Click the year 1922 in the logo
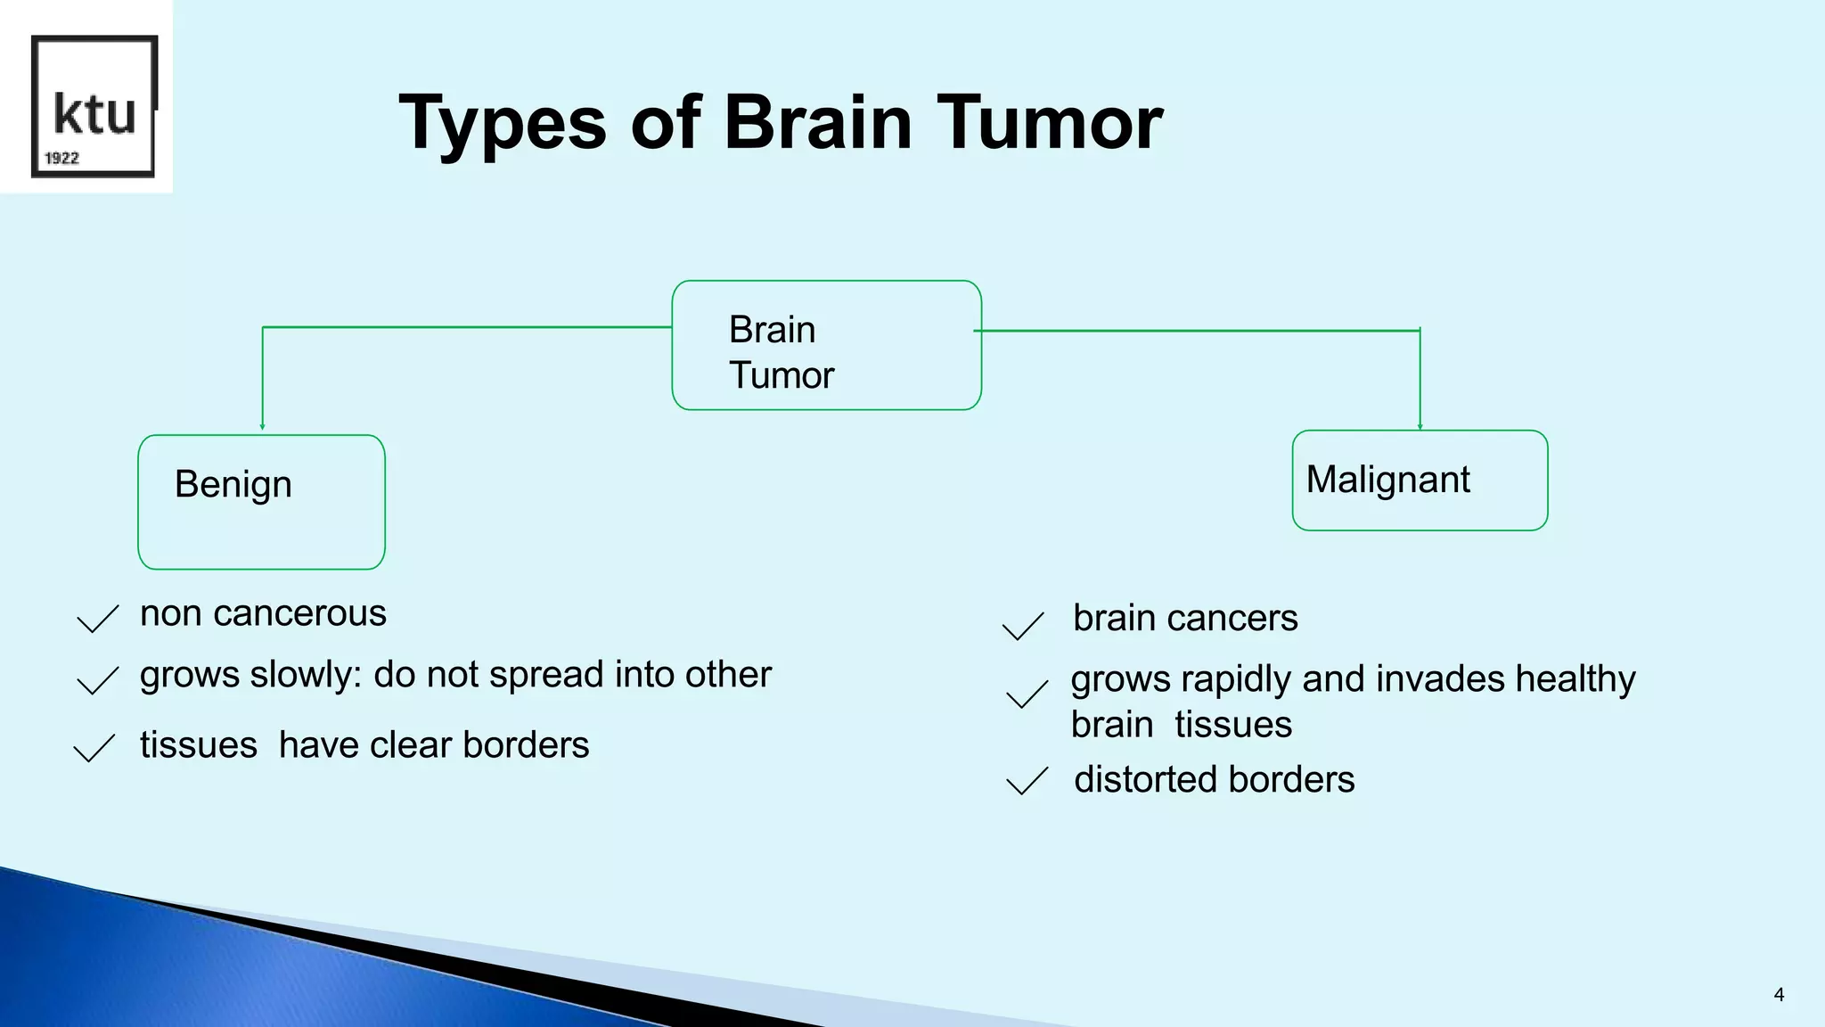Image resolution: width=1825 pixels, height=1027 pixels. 61,159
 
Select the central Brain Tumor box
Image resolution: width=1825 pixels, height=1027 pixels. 826,346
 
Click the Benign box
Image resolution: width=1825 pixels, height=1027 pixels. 261,502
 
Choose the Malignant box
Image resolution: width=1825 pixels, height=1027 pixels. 1420,481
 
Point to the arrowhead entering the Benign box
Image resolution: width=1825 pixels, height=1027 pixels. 262,426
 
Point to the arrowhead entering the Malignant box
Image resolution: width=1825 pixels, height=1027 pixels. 1420,425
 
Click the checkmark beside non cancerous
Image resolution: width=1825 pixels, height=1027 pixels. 97,619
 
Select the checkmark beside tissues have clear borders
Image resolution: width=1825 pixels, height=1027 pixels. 94,748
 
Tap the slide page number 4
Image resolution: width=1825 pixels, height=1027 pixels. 1779,995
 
